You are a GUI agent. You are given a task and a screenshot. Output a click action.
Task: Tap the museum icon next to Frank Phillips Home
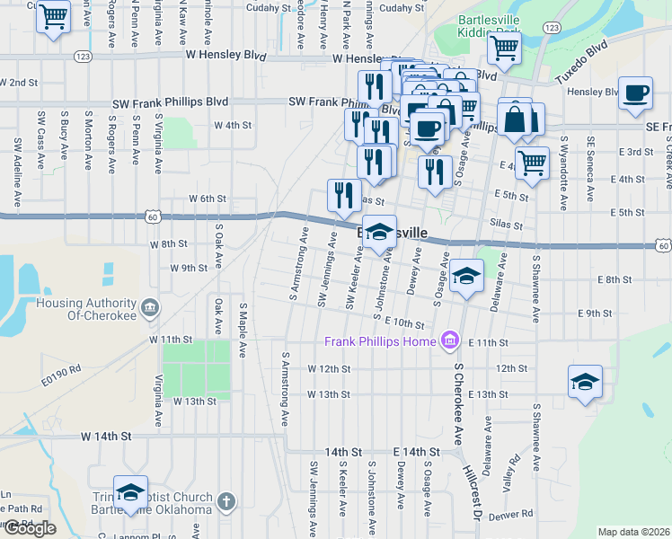[450, 340]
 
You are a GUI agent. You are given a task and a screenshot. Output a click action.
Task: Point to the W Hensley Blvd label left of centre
[226, 55]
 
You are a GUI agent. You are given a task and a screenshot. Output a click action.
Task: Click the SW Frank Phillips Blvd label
[171, 102]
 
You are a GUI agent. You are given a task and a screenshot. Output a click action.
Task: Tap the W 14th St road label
[106, 436]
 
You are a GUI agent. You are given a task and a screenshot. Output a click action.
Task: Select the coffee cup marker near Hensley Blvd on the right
[635, 93]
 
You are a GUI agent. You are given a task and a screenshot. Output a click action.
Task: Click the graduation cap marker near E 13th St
[585, 380]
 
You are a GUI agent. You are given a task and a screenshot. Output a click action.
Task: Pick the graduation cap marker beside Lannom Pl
[130, 490]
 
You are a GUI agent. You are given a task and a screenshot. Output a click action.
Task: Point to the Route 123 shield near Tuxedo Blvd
[552, 29]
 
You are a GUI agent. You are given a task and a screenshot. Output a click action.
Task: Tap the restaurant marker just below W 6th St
[342, 195]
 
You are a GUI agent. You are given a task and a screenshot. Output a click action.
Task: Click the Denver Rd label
[512, 514]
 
